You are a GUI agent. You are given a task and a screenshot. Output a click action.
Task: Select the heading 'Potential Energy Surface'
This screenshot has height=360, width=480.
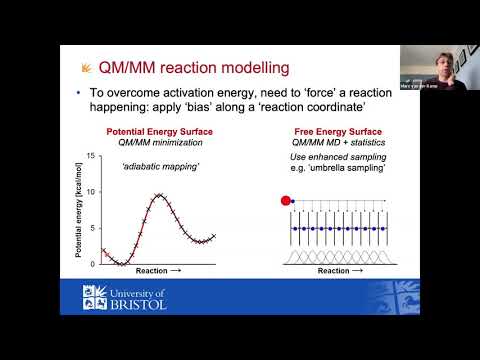(x=147, y=131)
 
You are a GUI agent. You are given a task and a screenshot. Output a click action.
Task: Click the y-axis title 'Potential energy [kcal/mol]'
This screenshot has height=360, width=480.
(x=77, y=209)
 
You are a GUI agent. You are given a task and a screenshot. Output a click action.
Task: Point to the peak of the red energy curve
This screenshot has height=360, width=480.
(x=159, y=196)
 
